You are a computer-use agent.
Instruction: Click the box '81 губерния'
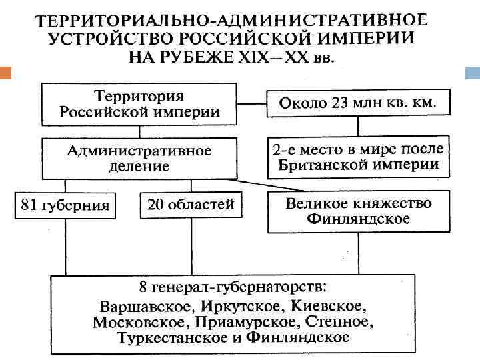(65, 205)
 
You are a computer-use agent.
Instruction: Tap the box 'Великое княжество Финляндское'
(357, 211)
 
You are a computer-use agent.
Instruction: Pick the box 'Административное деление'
(139, 158)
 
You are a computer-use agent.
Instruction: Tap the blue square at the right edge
(473, 71)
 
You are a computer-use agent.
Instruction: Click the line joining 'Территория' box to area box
(251, 103)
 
